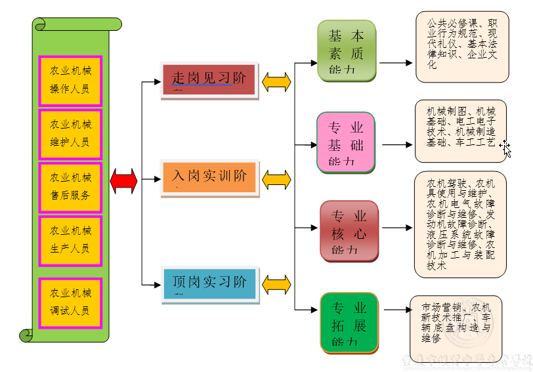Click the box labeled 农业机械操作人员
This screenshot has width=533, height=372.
pos(70,81)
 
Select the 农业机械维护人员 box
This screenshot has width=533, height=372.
pos(70,134)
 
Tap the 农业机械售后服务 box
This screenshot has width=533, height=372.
pos(70,187)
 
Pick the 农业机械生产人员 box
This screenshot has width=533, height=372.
pos(70,240)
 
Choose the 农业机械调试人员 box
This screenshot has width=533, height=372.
pos(70,302)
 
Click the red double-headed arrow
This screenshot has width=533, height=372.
pos(123,180)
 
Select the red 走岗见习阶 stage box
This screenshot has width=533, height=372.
pos(209,81)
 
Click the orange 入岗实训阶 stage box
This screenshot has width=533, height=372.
pos(209,178)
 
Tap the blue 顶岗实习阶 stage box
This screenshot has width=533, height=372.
pos(209,284)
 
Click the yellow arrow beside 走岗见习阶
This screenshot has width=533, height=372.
pos(276,82)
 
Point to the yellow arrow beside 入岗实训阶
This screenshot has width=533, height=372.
pos(276,179)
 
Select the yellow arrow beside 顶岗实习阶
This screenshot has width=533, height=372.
pos(276,285)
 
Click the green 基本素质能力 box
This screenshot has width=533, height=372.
pos(347,51)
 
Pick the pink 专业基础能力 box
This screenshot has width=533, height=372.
pos(346,142)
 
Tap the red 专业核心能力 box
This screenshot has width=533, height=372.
pos(349,231)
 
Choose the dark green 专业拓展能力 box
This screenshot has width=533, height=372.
pos(349,323)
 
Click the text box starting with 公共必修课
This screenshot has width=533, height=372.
pos(462,47)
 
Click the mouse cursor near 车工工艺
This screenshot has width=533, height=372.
pos(505,148)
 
